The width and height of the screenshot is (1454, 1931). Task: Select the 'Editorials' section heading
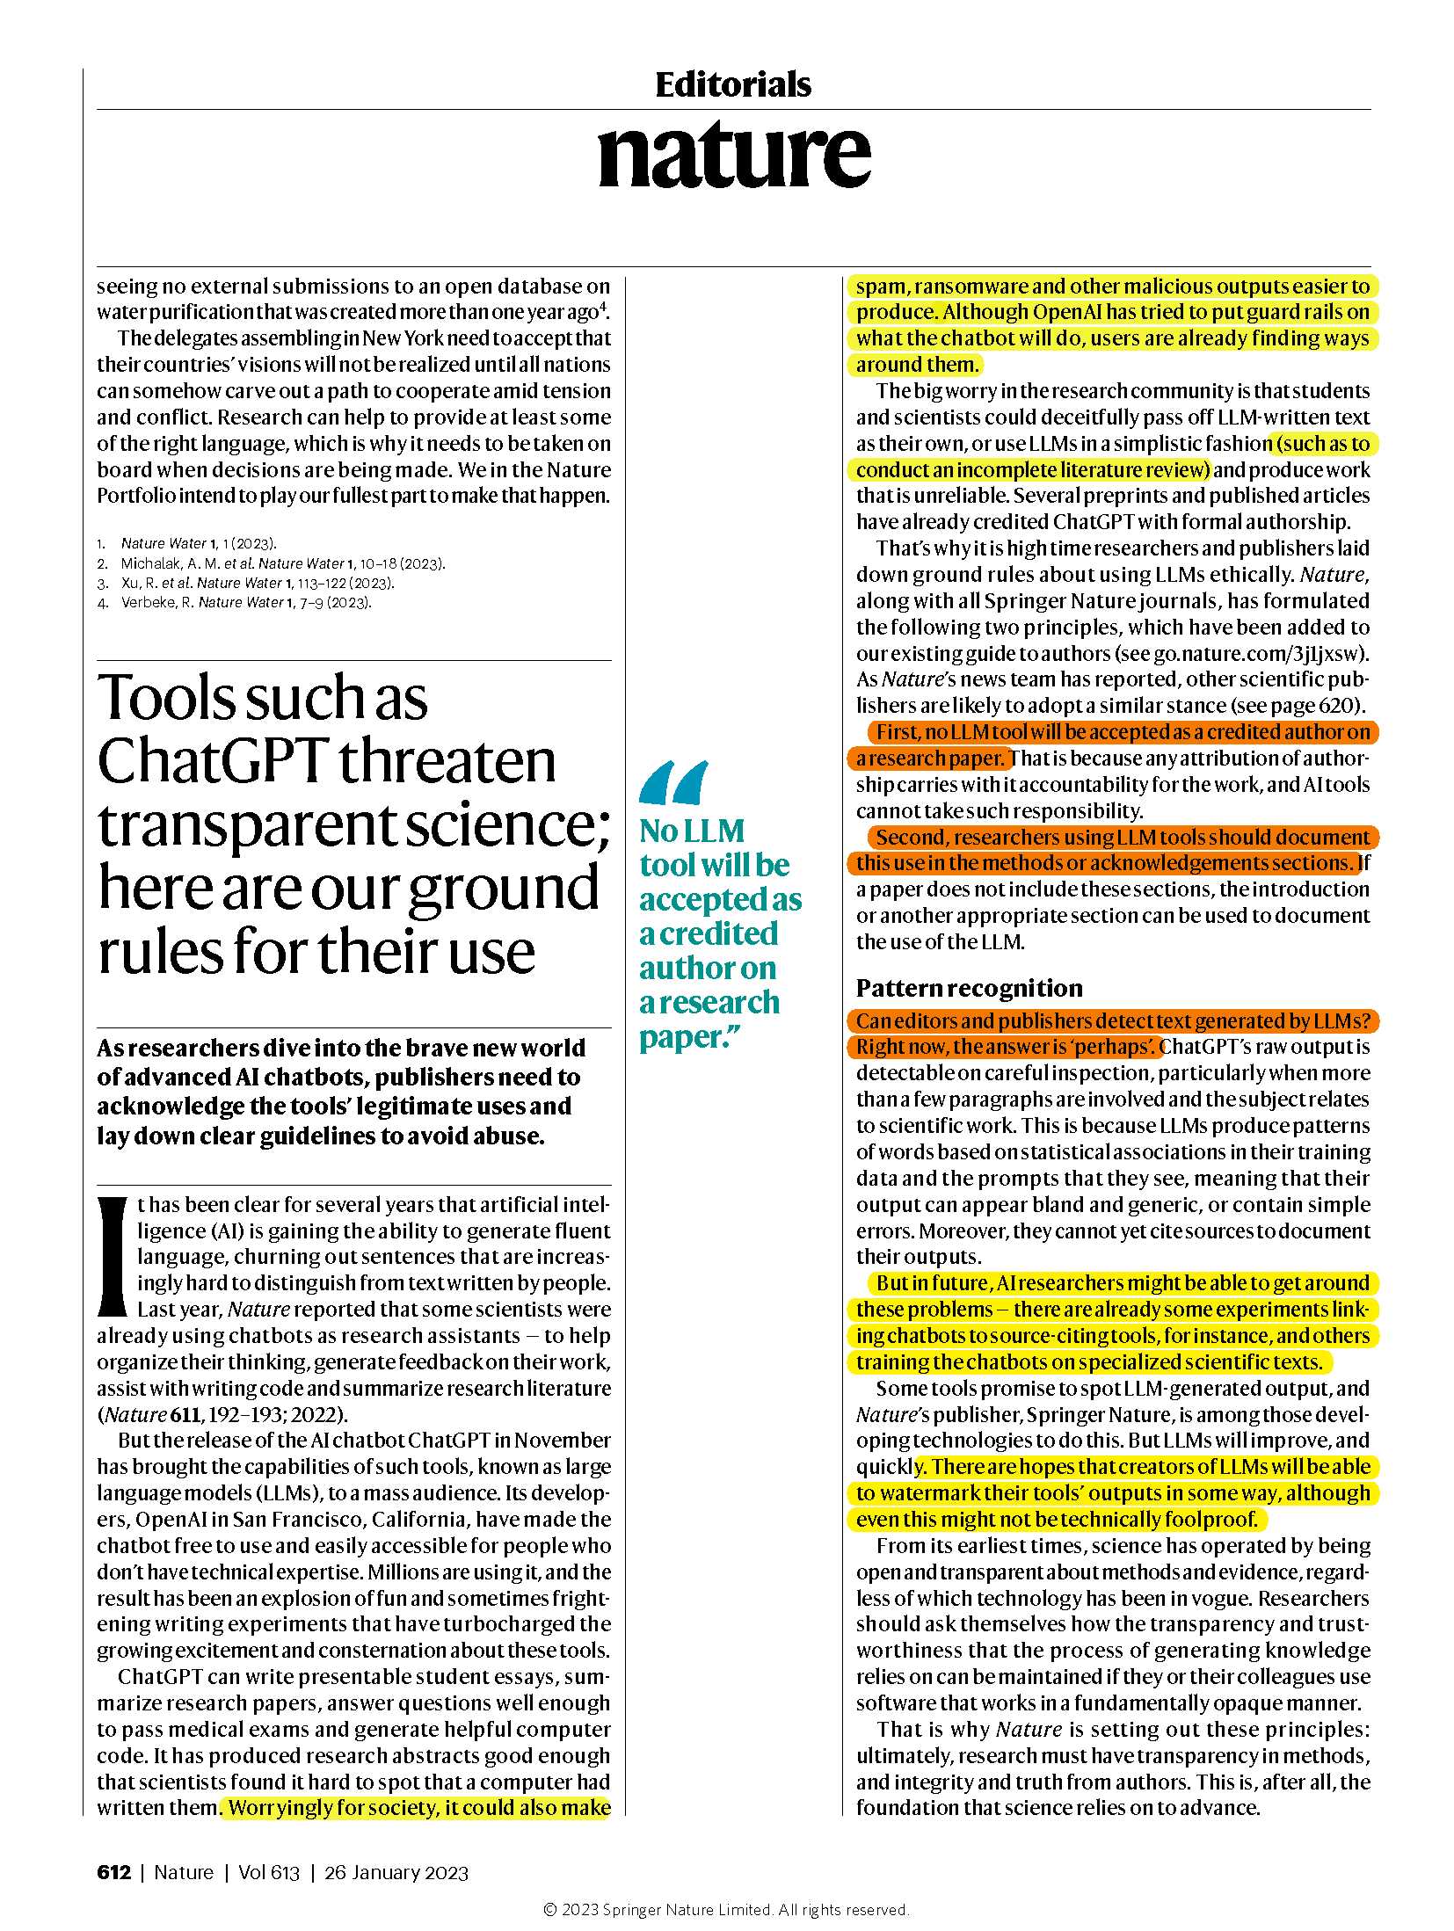pyautogui.click(x=733, y=85)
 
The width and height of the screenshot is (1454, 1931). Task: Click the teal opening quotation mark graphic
pyautogui.click(x=673, y=783)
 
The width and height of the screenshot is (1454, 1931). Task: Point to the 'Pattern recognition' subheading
pyautogui.click(x=969, y=988)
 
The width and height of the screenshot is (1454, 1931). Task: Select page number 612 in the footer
pyautogui.click(x=113, y=1872)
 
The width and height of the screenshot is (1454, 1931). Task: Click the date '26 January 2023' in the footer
pyautogui.click(x=396, y=1872)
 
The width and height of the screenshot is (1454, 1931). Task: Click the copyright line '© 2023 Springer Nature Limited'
pyautogui.click(x=726, y=1909)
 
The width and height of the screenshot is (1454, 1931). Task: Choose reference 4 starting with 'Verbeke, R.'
pyautogui.click(x=246, y=602)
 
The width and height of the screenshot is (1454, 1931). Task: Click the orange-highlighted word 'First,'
pyautogui.click(x=898, y=732)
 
